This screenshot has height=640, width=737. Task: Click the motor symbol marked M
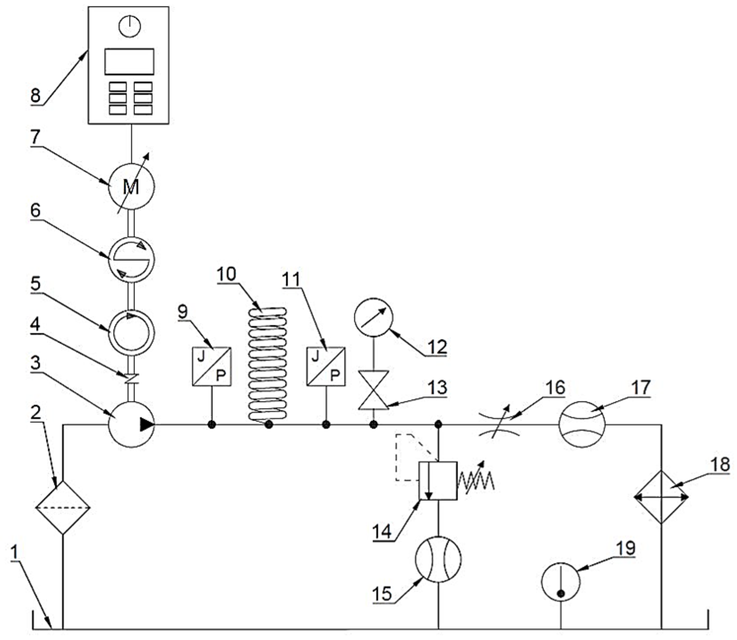(132, 187)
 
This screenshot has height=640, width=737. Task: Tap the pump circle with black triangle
(131, 424)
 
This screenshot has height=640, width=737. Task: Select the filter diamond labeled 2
(63, 508)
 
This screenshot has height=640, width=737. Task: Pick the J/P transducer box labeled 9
(212, 366)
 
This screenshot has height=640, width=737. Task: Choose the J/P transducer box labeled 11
(326, 366)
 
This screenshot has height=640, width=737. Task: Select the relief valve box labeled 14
(438, 481)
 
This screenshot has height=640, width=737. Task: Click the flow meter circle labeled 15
(438, 559)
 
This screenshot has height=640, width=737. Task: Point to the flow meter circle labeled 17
(582, 424)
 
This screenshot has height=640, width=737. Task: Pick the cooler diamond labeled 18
(661, 497)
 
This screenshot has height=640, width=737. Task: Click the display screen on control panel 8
(129, 61)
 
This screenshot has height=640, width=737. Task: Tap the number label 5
(36, 284)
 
